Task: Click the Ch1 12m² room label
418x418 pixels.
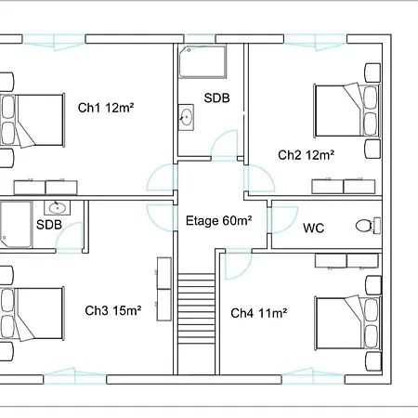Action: pos(106,108)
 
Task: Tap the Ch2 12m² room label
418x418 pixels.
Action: pos(307,155)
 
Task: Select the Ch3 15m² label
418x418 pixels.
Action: pos(113,310)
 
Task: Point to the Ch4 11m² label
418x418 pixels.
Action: pos(259,313)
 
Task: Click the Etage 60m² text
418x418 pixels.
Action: pos(218,221)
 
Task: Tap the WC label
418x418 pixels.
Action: pos(314,229)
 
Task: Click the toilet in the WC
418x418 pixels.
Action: pos(368,226)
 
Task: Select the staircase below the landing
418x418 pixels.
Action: pos(196,308)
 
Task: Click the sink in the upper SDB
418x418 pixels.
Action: pos(186,117)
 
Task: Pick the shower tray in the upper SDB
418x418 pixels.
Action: pos(202,61)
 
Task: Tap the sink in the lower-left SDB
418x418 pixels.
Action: pos(58,208)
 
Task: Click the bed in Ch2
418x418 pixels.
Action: pos(347,111)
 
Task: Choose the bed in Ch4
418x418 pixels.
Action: pos(347,323)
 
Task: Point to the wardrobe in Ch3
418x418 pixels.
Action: pos(164,289)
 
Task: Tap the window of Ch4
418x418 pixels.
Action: pos(313,376)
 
